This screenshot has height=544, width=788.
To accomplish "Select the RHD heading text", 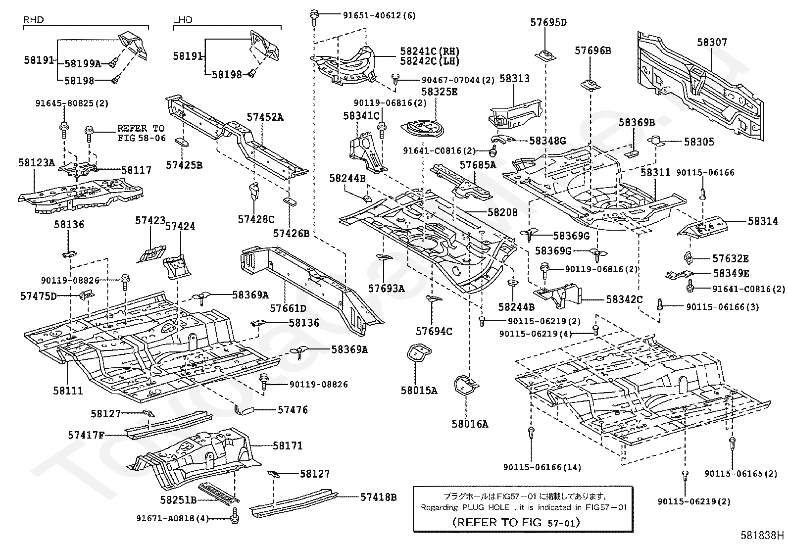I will pos(34,20).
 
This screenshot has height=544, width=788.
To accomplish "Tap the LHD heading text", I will pos(183,20).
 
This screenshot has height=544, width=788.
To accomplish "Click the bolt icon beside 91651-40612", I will pos(314,15).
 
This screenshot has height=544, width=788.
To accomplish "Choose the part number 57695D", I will pos(548,22).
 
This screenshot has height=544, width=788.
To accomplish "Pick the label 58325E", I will pos(440,92).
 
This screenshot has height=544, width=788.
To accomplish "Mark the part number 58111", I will pos(68,391).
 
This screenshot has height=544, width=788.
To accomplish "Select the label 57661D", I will pos(288,308).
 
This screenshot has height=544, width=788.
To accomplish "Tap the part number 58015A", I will pos(419,391).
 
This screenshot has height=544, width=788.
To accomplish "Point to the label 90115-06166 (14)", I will pos(542,467).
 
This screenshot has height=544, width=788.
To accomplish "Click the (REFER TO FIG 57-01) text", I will pos(516,522).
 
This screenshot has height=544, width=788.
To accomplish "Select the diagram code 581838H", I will pos(762,535).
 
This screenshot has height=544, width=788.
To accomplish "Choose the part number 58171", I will pos(288,445).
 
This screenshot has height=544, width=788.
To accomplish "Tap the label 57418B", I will pos(378,497).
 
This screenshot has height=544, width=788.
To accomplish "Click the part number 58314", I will pos(763,221).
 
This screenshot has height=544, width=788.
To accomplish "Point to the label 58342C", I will pos(624,299).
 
